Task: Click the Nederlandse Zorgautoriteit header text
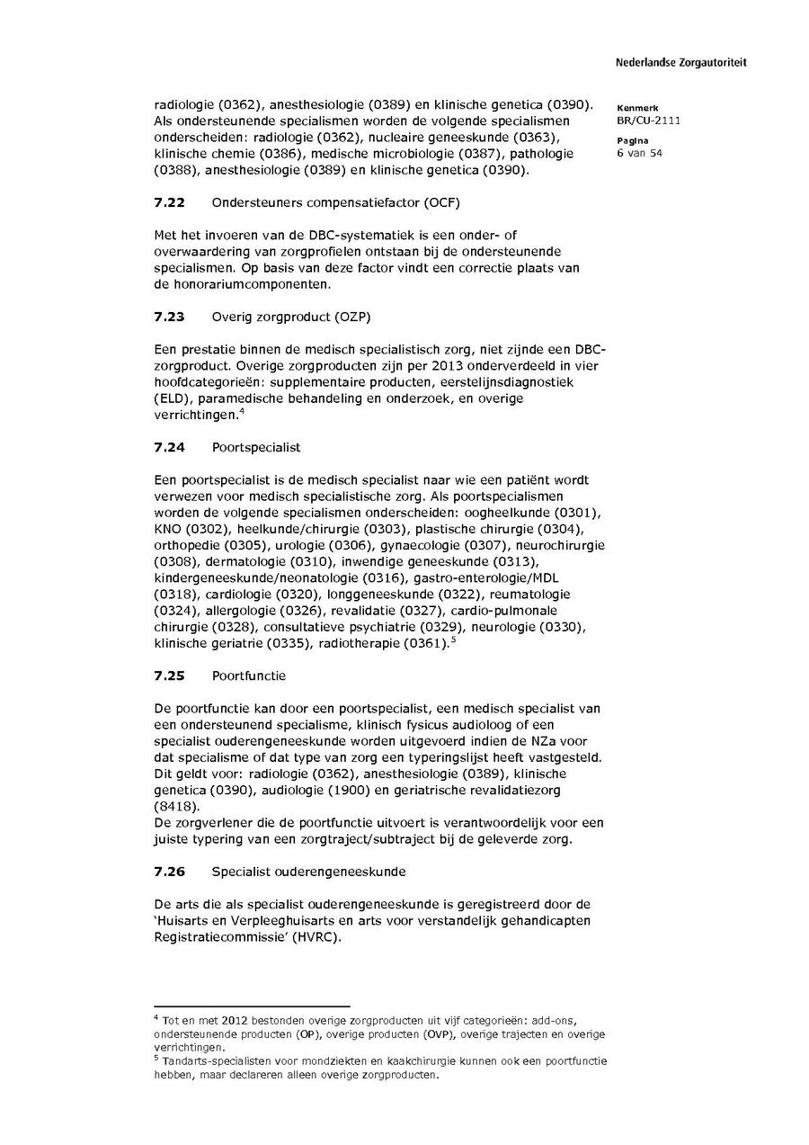pos(680,63)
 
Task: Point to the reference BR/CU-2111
pos(648,121)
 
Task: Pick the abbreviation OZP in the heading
pos(352,317)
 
